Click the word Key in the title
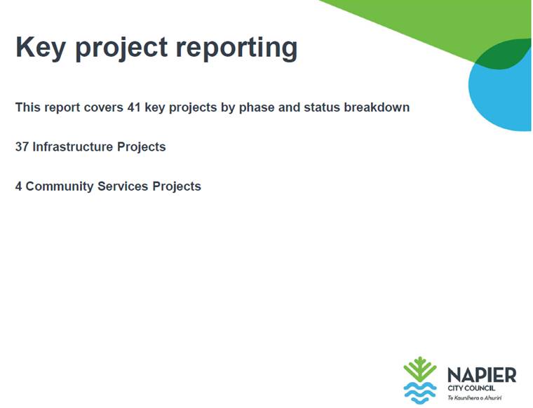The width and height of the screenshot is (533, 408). [x=41, y=48]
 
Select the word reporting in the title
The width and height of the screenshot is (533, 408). [x=236, y=48]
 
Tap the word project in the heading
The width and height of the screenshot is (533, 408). [x=121, y=48]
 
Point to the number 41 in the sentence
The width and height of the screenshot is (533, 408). [x=134, y=107]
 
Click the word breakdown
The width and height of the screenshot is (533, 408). [x=377, y=107]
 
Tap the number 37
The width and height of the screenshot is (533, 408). [x=22, y=147]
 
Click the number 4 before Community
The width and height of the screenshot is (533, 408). [x=19, y=186]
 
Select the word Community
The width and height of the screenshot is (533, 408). [x=60, y=187]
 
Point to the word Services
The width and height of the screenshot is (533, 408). [x=123, y=186]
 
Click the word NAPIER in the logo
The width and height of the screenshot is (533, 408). [x=482, y=375]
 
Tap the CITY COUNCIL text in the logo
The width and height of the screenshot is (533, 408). [x=471, y=388]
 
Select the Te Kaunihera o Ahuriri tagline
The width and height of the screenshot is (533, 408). [x=475, y=397]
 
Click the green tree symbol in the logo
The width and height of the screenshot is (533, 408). [x=420, y=369]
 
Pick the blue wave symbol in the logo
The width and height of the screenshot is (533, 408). [x=420, y=393]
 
